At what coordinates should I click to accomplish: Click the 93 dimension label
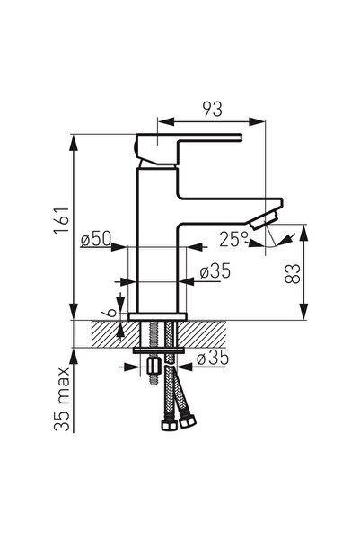[213, 110]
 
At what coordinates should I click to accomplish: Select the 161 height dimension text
[62, 220]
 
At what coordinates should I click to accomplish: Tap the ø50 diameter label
[96, 239]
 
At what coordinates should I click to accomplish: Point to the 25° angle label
[233, 239]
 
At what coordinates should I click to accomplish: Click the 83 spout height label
[293, 274]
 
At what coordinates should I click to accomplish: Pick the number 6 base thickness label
[110, 313]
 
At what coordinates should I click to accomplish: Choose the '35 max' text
[62, 399]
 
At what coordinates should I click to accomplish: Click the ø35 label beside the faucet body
[215, 271]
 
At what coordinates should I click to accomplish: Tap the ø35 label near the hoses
[213, 358]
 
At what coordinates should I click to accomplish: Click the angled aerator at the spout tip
[264, 220]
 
